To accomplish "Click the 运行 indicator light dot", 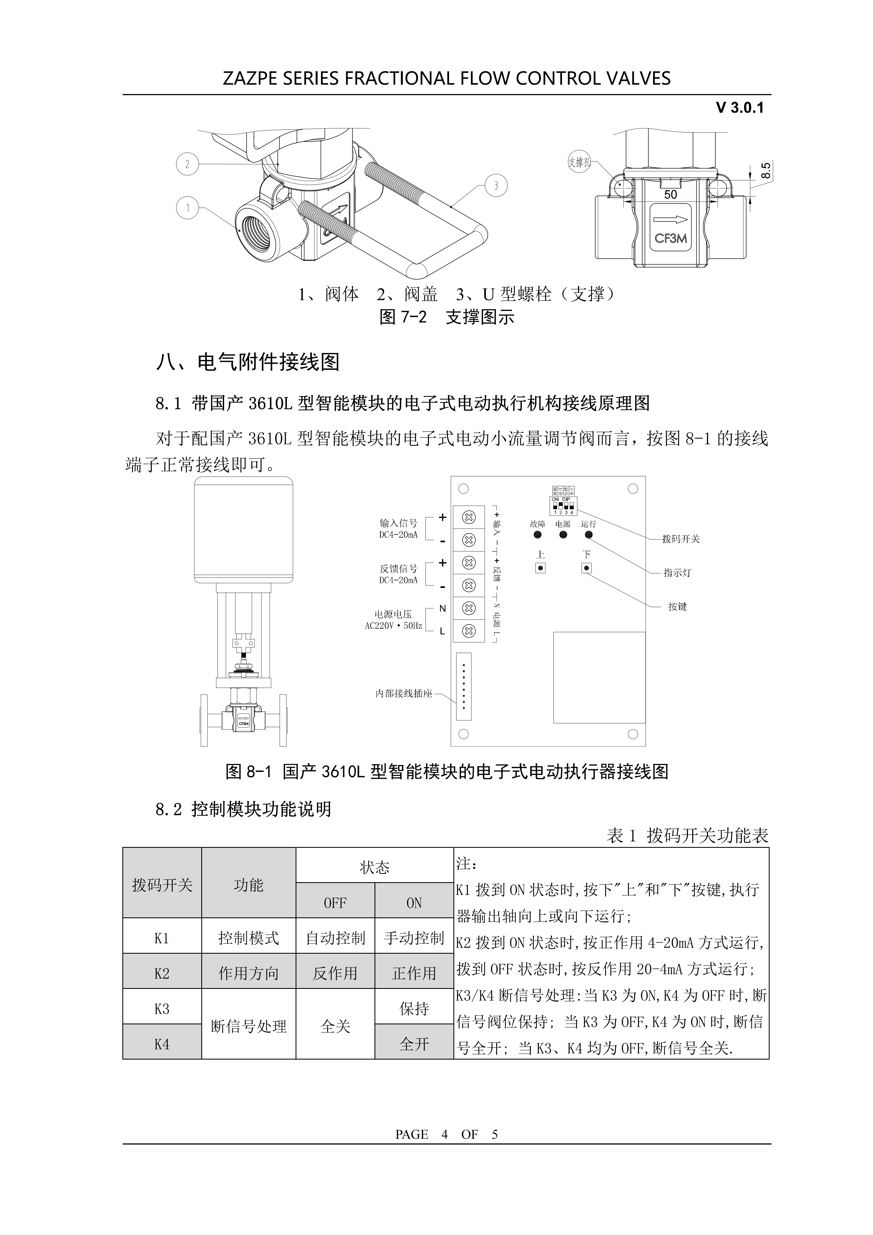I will click(588, 535).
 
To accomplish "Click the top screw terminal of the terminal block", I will click(469, 518).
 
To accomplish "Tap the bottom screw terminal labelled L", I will click(469, 630).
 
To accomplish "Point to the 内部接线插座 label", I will click(403, 694).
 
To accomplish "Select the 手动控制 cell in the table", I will click(414, 938).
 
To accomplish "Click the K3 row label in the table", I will click(162, 1009).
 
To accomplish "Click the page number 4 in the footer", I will click(444, 1134).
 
